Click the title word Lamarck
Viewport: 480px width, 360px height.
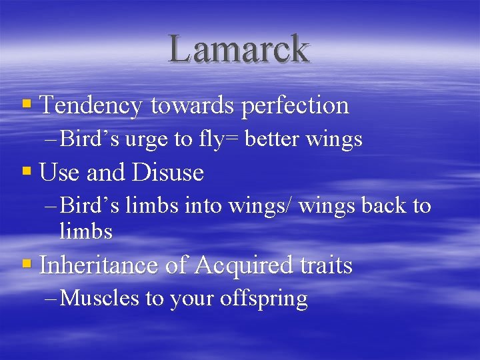pyautogui.click(x=239, y=49)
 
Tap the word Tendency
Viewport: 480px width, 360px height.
pyautogui.click(x=91, y=105)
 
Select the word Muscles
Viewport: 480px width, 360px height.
pyautogui.click(x=99, y=299)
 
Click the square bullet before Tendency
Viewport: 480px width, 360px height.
pyautogui.click(x=27, y=104)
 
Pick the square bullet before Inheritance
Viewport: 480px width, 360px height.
pyautogui.click(x=27, y=264)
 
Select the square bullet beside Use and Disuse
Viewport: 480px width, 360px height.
pyautogui.click(x=27, y=171)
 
